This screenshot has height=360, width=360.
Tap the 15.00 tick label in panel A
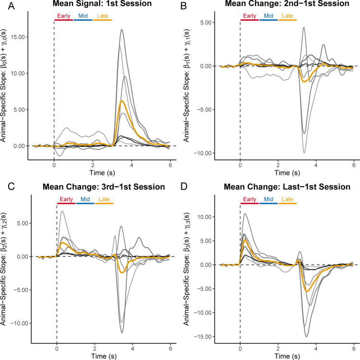point(21,37)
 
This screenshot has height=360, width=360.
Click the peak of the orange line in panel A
point(122,101)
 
